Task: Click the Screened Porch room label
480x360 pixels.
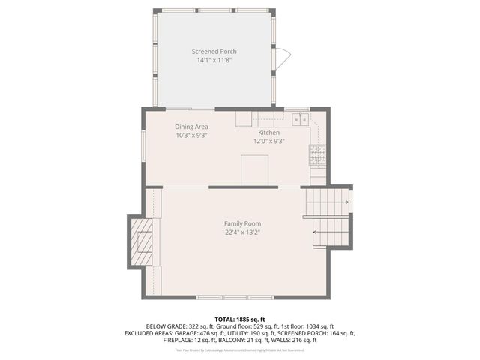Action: [x=214, y=52]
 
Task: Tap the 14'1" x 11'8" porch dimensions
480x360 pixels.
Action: [x=214, y=60]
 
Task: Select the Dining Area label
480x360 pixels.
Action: [x=191, y=127]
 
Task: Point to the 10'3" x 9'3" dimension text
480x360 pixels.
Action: [x=191, y=136]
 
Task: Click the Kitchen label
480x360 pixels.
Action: [x=268, y=132]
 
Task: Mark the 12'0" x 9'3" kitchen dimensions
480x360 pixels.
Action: [x=268, y=140]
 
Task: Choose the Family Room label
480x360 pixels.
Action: [x=242, y=223]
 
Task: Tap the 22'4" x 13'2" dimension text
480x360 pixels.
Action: [x=242, y=232]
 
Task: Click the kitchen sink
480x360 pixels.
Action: [x=300, y=118]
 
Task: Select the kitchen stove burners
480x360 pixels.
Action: [x=317, y=155]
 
